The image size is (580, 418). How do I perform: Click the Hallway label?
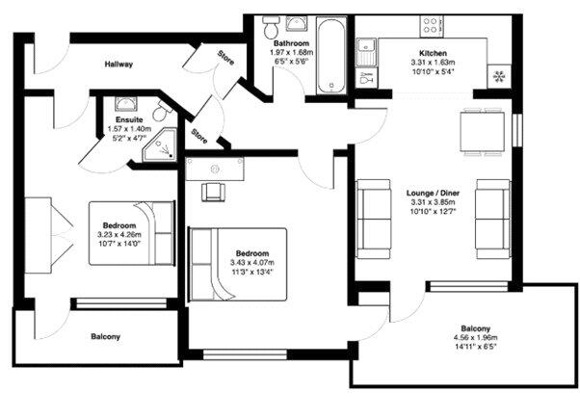[119, 65]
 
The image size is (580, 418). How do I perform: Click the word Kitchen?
[433, 53]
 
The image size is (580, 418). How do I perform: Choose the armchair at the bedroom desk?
[214, 189]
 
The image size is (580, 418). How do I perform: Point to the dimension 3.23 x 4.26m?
[119, 234]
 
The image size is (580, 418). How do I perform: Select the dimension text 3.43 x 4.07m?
[252, 263]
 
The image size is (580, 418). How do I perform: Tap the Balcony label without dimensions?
[105, 336]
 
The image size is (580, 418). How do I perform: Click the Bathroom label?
[290, 44]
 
